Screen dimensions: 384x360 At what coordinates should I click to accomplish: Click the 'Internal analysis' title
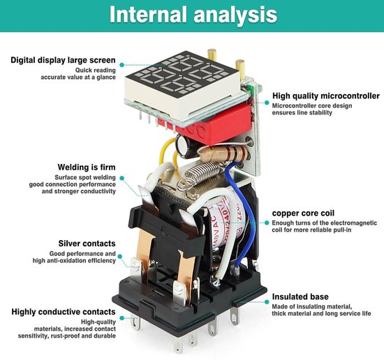pyautogui.click(x=193, y=14)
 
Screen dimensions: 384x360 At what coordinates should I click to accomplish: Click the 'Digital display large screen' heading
pyautogui.click(x=63, y=60)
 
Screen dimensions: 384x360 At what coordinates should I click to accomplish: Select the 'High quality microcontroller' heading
pyautogui.click(x=326, y=96)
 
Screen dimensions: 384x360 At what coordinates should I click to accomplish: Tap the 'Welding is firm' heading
pyautogui.click(x=87, y=167)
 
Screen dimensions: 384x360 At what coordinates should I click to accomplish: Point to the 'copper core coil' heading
pyautogui.click(x=303, y=213)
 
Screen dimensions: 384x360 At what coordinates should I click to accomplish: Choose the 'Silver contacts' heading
pyautogui.click(x=87, y=243)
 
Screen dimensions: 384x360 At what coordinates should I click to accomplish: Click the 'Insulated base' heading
pyautogui.click(x=300, y=297)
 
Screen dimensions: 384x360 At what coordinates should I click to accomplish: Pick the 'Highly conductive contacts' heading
pyautogui.click(x=64, y=312)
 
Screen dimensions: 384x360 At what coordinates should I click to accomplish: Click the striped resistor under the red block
pyautogui.click(x=224, y=153)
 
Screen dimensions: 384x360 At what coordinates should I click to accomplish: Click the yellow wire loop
pyautogui.click(x=168, y=151)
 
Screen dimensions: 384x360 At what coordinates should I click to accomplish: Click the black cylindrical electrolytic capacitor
pyautogui.click(x=187, y=147)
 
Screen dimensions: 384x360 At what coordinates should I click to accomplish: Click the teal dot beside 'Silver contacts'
pyautogui.click(x=120, y=256)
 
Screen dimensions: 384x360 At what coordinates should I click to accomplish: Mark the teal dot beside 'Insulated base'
pyautogui.click(x=267, y=302)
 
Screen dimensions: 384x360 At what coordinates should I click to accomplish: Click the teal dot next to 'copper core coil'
pyautogui.click(x=267, y=223)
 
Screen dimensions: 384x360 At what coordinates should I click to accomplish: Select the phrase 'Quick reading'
pyautogui.click(x=95, y=70)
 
